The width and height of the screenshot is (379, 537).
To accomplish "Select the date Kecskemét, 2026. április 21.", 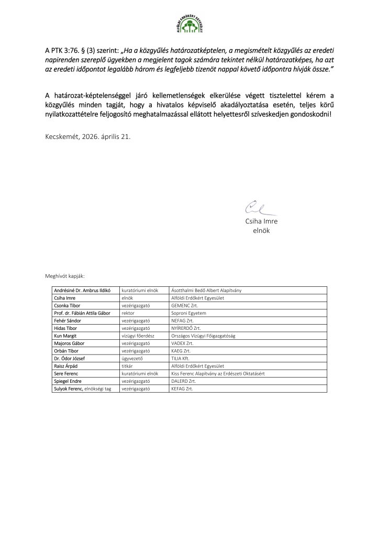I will tap(88, 136).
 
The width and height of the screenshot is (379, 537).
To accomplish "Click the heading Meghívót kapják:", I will tap(68, 275).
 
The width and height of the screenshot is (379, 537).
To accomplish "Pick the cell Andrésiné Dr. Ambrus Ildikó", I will tap(84, 290).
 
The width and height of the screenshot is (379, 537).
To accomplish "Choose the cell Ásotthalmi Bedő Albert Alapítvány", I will tap(206, 290).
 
